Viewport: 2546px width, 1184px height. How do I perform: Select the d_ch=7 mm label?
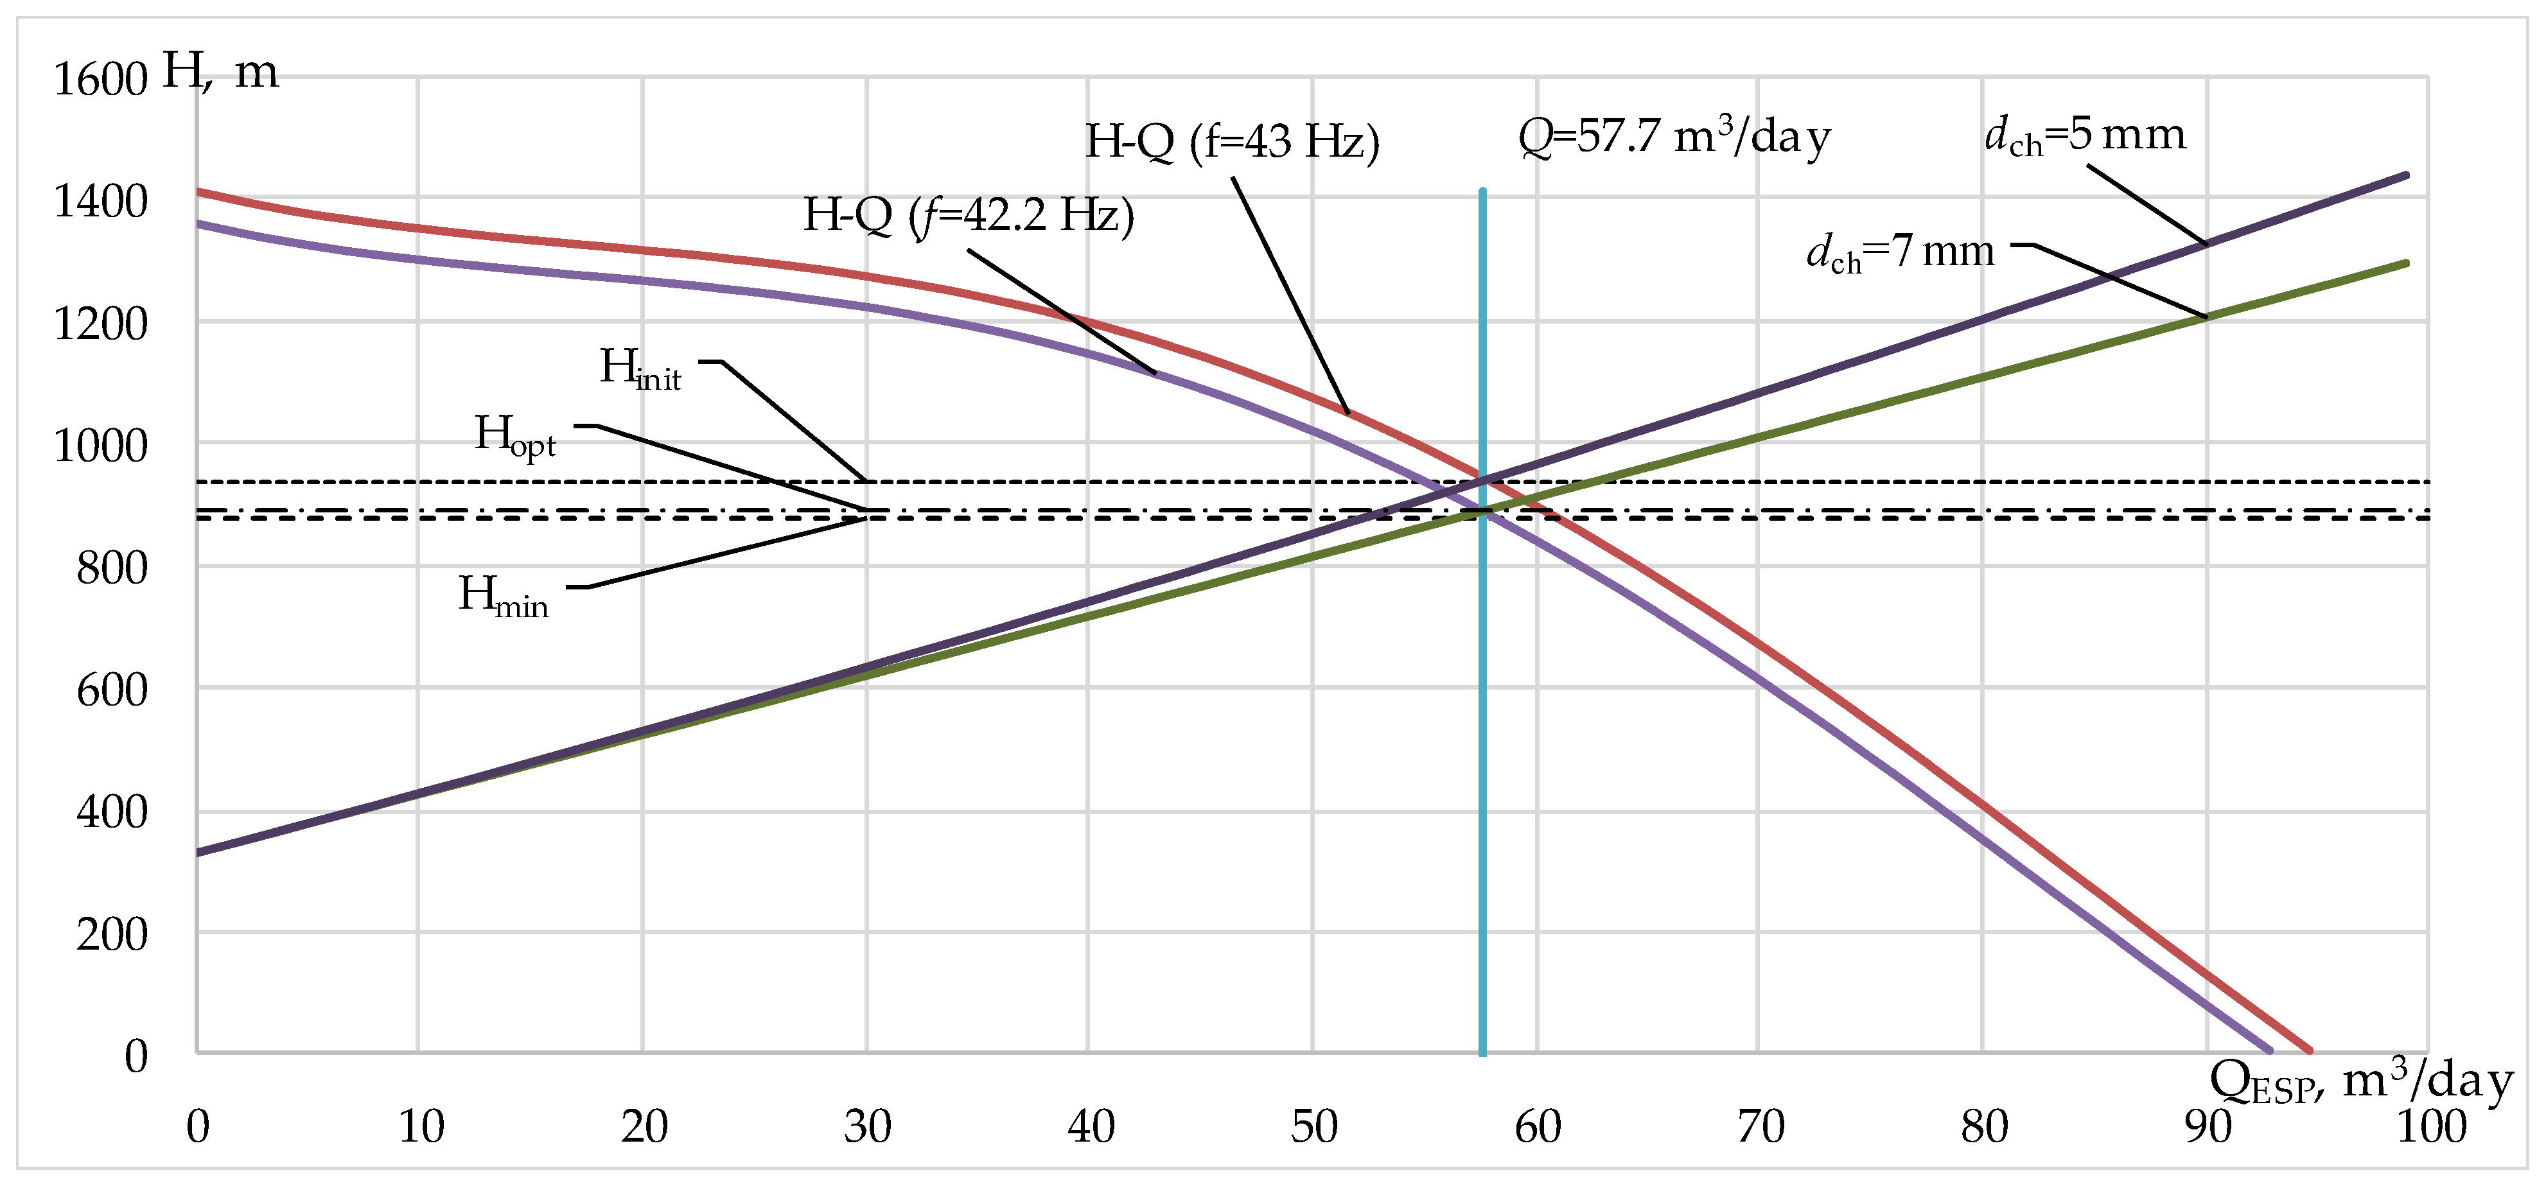[1900, 253]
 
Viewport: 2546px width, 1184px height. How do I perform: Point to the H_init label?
[640, 370]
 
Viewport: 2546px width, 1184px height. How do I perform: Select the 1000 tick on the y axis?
[100, 447]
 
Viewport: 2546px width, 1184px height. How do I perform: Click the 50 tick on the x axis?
[1313, 1127]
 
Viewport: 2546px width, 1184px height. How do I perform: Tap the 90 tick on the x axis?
[2207, 1127]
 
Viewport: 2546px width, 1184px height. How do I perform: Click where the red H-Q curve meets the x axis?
[2310, 1050]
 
